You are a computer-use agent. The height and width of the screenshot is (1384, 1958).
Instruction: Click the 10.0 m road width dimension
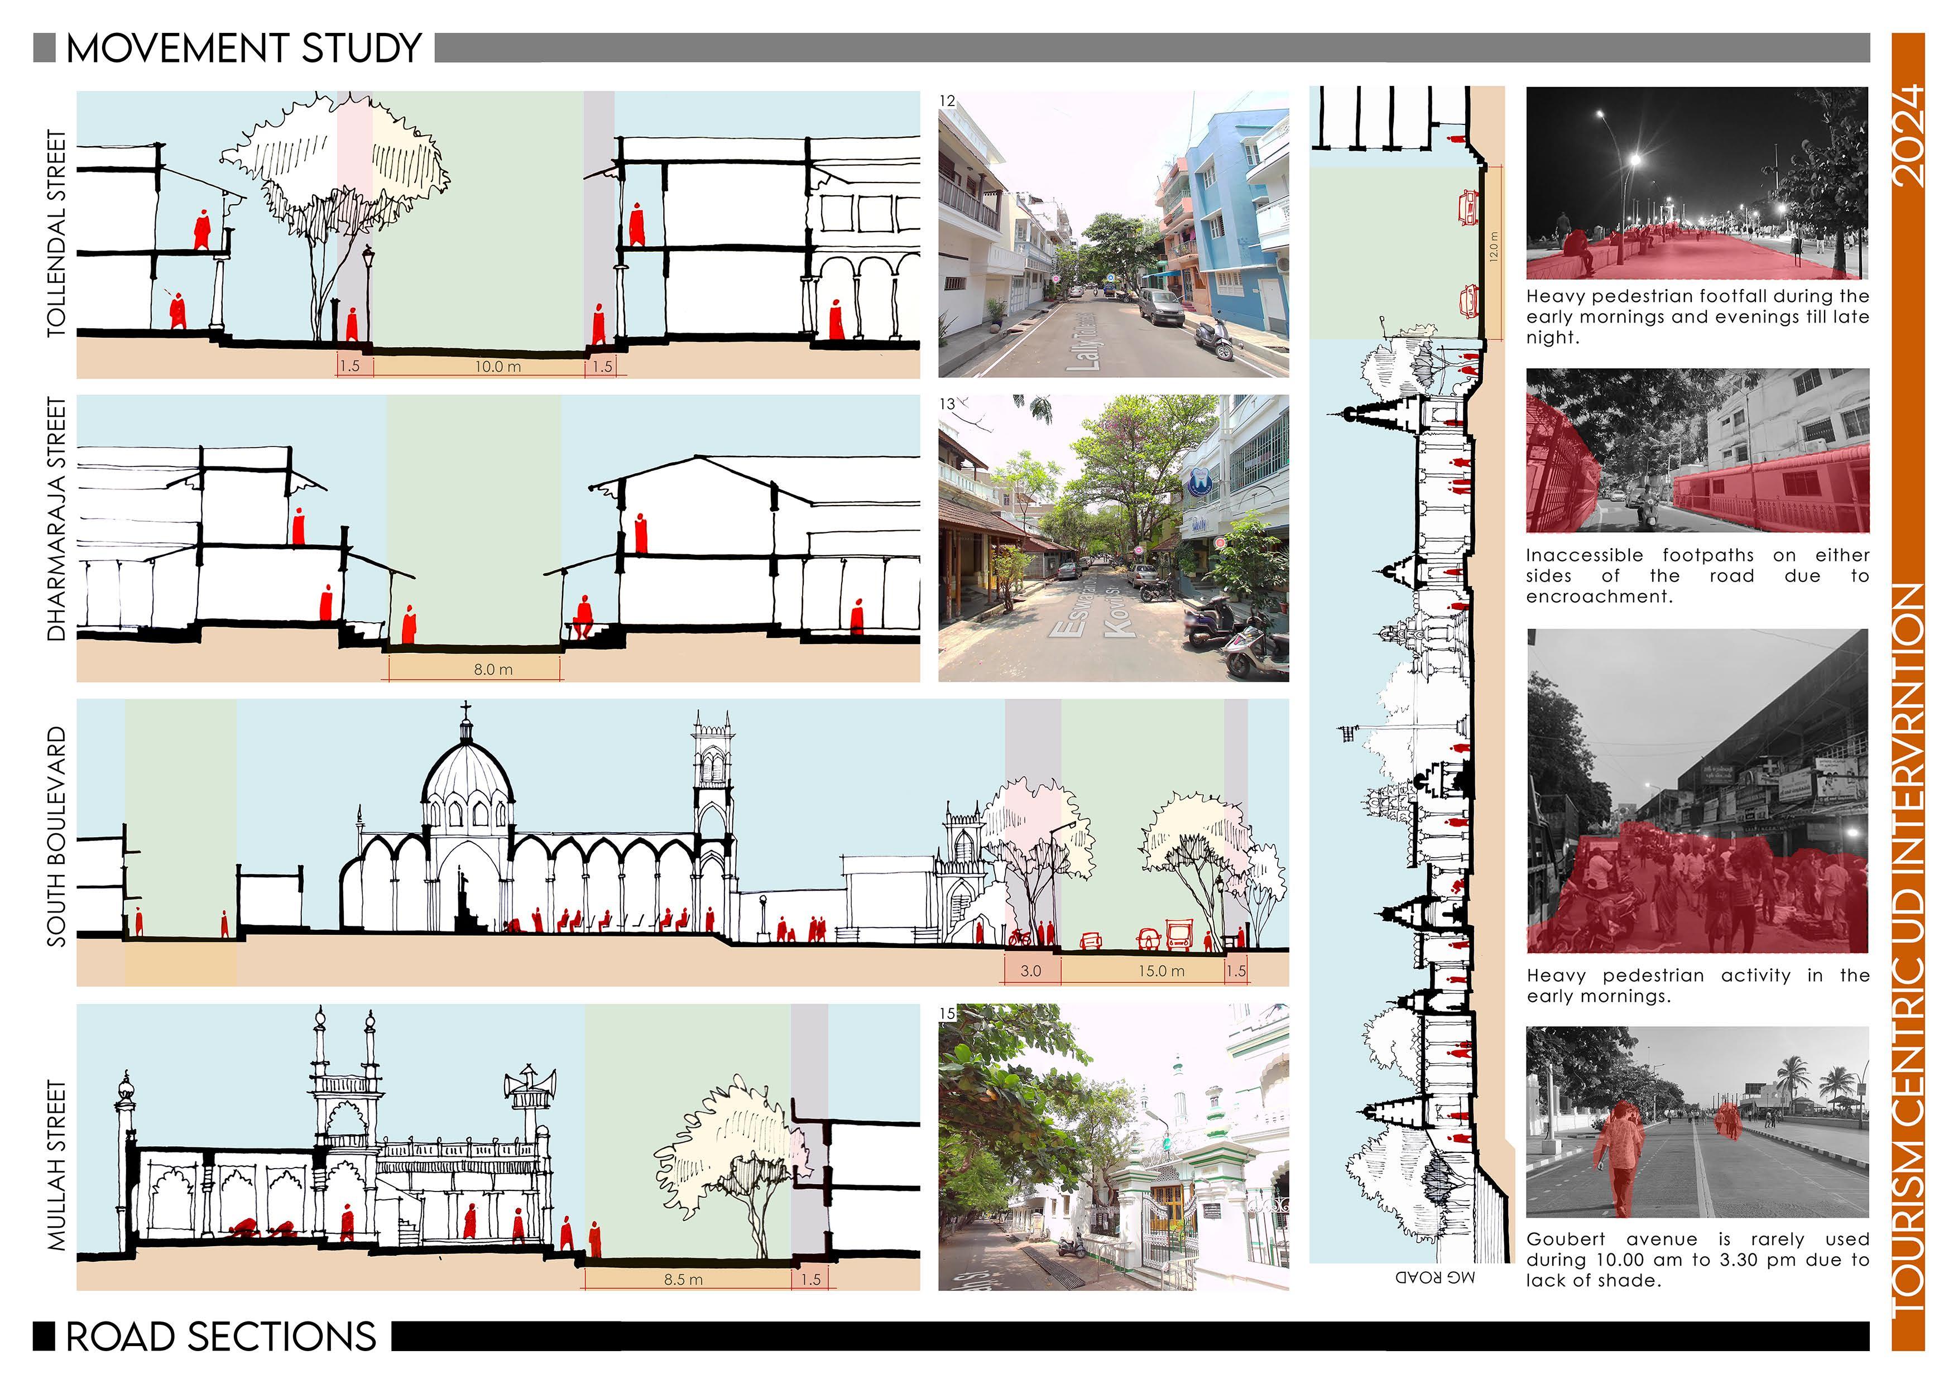[x=498, y=367]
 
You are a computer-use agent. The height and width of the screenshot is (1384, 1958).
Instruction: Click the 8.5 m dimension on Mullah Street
[x=683, y=1279]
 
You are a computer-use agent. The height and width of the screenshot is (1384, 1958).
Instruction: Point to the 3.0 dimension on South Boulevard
[x=1030, y=970]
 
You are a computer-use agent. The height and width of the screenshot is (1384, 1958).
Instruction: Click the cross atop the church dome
[x=465, y=709]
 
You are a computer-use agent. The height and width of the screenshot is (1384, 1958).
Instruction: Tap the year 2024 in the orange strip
[x=1908, y=136]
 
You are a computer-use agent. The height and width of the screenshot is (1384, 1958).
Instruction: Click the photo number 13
[x=947, y=403]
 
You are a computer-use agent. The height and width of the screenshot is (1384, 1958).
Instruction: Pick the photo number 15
[x=947, y=1013]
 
